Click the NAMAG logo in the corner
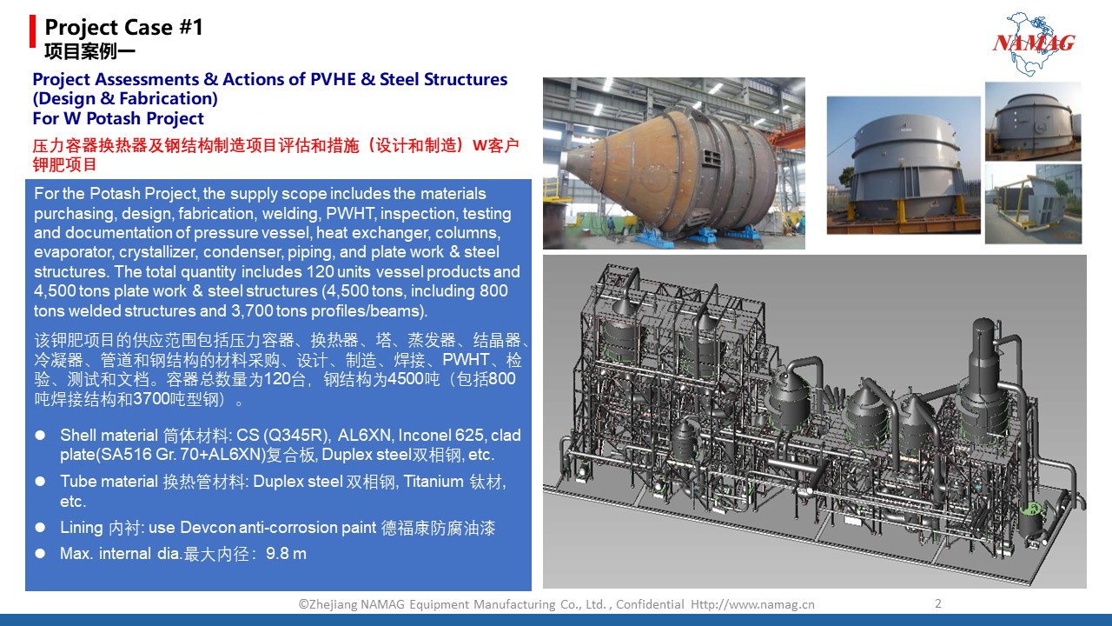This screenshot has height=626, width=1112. tap(1034, 43)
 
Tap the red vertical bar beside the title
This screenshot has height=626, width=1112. tap(33, 31)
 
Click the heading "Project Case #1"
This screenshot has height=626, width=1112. tap(123, 27)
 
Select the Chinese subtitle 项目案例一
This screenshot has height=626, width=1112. tap(89, 51)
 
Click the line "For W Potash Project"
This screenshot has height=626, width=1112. tap(118, 118)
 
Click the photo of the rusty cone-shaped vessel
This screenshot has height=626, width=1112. tap(673, 163)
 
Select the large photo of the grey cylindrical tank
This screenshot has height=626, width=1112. tap(903, 165)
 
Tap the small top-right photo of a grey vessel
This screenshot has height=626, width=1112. tap(1033, 121)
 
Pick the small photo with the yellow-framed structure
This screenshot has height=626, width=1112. tap(1033, 203)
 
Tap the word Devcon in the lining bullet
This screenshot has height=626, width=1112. tap(208, 528)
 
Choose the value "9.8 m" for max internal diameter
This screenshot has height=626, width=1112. tap(286, 554)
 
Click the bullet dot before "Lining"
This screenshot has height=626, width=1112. tap(40, 528)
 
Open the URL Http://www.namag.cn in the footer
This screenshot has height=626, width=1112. tap(752, 604)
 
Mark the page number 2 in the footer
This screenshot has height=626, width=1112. tap(937, 603)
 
